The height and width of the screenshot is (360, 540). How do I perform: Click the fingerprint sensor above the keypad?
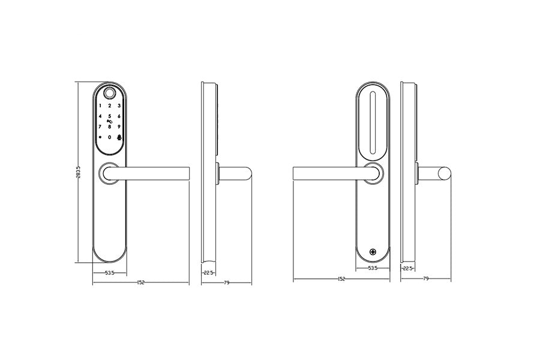(x=110, y=94)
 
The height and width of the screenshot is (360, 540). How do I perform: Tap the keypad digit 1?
(x=100, y=106)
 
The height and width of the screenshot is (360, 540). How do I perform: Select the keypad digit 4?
(x=100, y=116)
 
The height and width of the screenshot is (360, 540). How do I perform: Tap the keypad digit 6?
(x=119, y=116)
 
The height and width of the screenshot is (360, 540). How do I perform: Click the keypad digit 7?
(x=100, y=127)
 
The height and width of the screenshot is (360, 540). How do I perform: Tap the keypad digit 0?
(x=110, y=137)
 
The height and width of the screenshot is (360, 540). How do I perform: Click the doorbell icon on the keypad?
(x=119, y=137)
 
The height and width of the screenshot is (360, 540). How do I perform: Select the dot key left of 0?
(x=100, y=137)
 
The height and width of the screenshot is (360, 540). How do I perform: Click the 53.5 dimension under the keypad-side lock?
(x=110, y=274)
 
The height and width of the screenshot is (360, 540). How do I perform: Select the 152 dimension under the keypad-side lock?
(x=140, y=282)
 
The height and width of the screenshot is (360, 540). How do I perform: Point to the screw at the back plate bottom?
(x=373, y=253)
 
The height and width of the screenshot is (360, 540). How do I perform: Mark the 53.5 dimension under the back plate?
(x=373, y=269)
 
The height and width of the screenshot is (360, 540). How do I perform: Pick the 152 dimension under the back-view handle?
(x=341, y=279)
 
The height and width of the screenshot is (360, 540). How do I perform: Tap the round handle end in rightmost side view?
(x=445, y=174)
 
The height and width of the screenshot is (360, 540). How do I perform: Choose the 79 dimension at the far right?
(x=426, y=279)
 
